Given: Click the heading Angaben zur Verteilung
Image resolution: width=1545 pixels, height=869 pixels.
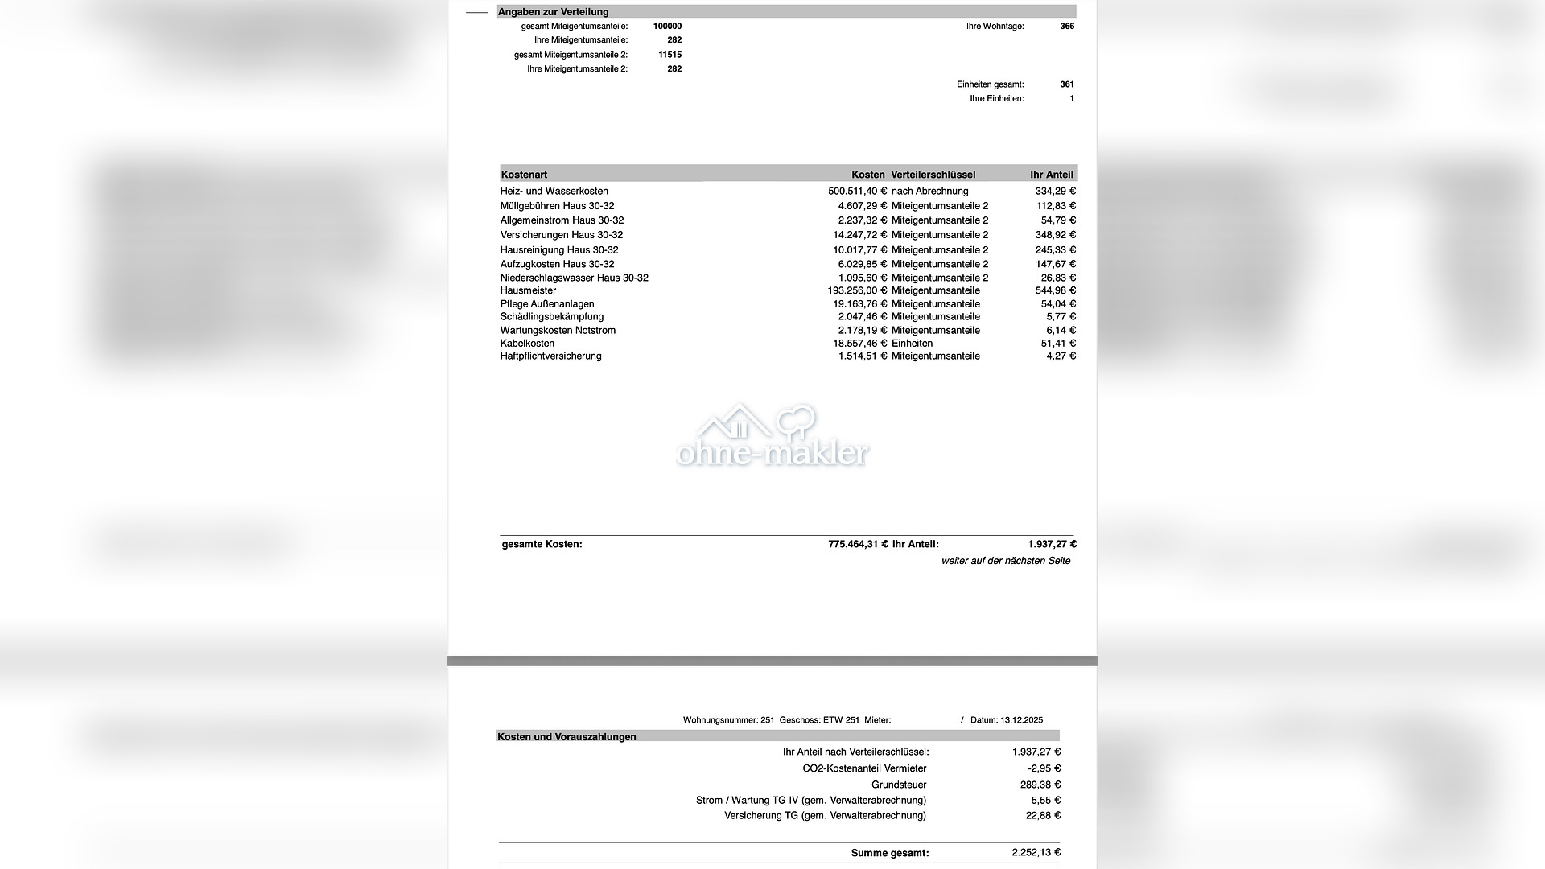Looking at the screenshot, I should (553, 12).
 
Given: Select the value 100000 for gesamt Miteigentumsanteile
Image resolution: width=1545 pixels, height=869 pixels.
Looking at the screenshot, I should (667, 27).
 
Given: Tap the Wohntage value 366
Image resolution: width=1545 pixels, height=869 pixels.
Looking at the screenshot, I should (1067, 27).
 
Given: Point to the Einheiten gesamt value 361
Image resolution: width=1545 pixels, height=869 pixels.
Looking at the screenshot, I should (1067, 84).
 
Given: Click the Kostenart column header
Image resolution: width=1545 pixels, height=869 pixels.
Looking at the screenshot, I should (524, 175).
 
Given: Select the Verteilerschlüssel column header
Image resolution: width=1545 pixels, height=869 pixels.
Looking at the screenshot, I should (933, 175).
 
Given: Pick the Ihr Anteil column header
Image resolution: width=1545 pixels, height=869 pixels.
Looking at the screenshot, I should (1052, 175).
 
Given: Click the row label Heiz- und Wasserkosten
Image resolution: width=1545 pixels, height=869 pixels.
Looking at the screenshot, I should (554, 192).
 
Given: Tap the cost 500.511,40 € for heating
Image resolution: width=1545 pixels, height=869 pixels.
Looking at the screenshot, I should (857, 192).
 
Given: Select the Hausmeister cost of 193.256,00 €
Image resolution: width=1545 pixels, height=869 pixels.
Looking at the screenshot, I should (857, 290).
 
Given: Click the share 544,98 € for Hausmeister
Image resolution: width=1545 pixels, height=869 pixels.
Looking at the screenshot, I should (1055, 290).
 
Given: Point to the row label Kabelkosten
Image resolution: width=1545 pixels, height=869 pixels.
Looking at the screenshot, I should (527, 344).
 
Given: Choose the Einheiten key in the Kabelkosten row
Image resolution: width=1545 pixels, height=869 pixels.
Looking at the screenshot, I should (912, 344).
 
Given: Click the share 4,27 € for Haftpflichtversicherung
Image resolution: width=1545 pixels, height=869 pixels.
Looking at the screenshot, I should (1061, 356).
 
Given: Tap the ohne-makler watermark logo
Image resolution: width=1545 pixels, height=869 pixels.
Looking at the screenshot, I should (772, 437).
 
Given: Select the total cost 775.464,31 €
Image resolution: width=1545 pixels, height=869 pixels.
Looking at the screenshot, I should (858, 545).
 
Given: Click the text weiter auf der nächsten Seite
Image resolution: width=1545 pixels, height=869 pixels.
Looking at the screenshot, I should (1006, 561).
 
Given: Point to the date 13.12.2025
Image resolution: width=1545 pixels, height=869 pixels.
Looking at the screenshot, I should (1021, 720).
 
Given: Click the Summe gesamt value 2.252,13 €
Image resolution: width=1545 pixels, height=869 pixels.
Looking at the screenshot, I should (1036, 853).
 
